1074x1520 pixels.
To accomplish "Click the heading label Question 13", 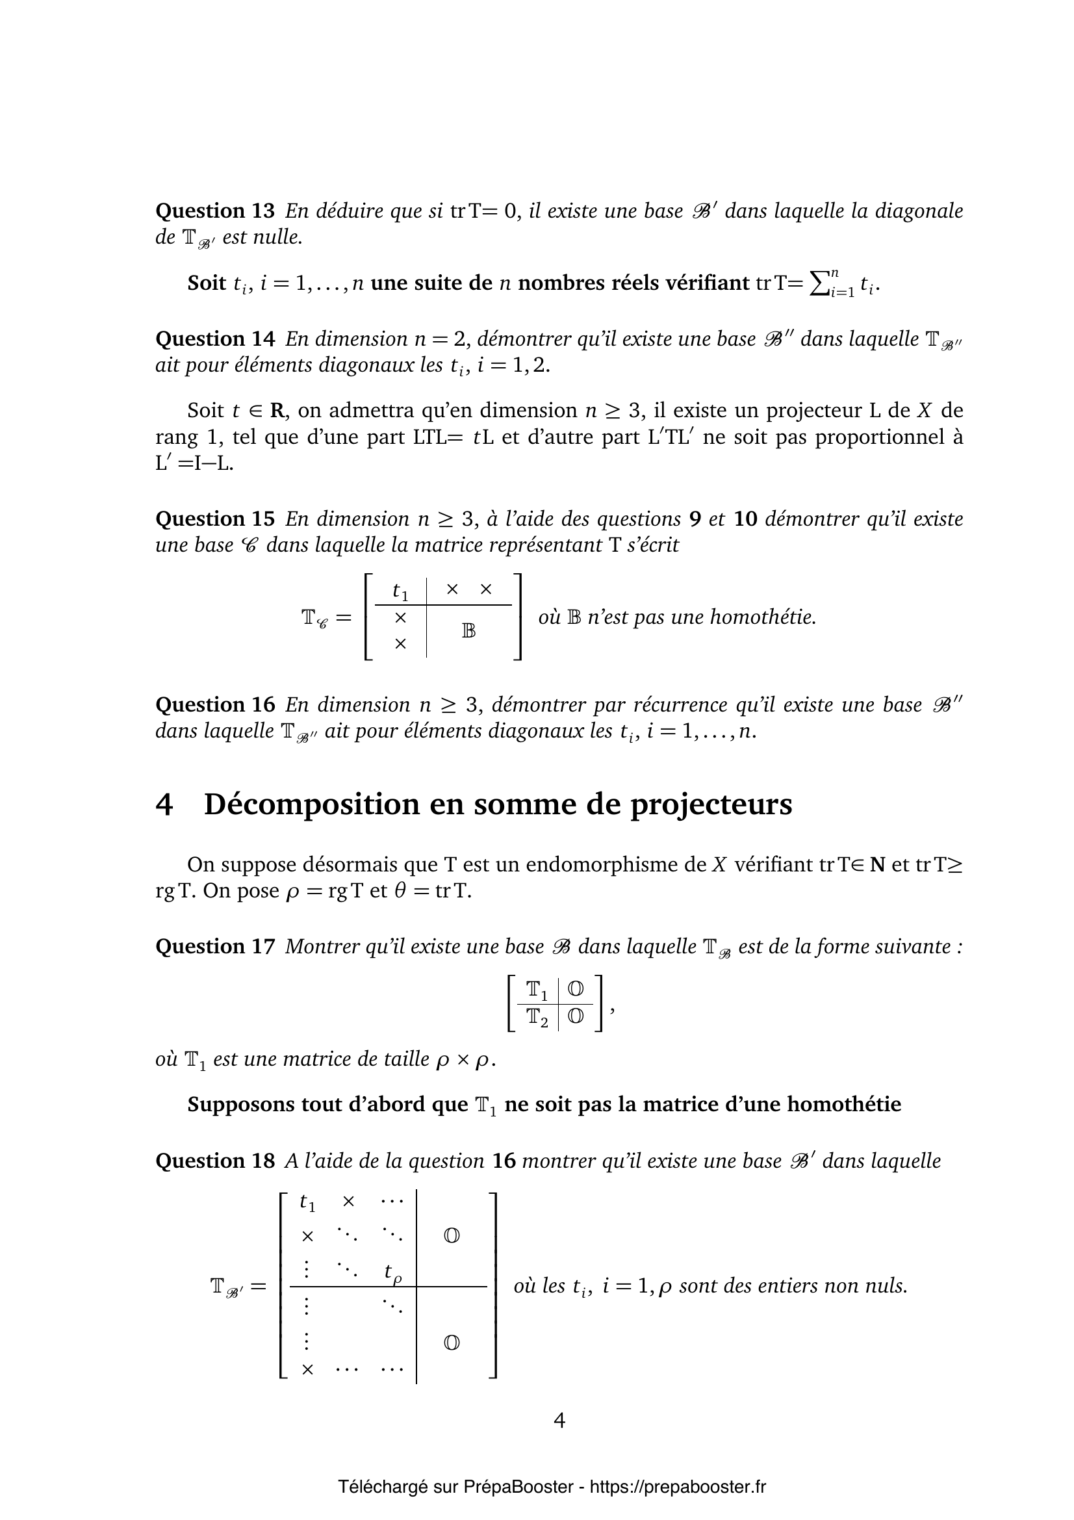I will coord(214,211).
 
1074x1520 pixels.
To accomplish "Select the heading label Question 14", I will coord(214,339).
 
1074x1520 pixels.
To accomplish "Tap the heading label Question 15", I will coord(214,519).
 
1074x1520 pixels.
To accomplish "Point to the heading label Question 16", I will coord(214,705).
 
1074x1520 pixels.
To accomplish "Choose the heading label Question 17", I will coord(214,947).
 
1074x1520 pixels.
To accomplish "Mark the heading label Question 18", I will coord(214,1161).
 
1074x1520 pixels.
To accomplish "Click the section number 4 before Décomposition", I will coord(164,805).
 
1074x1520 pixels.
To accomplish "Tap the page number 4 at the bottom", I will coord(559,1421).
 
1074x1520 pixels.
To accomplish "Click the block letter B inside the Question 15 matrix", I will coord(468,631).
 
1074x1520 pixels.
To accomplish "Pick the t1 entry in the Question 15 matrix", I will coord(400,591).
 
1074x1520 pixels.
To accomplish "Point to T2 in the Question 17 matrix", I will coord(537,1016).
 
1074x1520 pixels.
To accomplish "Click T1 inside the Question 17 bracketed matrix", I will coord(537,990).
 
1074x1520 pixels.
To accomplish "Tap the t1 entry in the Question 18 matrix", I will coord(307,1202).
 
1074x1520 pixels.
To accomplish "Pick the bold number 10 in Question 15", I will coord(745,519).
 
